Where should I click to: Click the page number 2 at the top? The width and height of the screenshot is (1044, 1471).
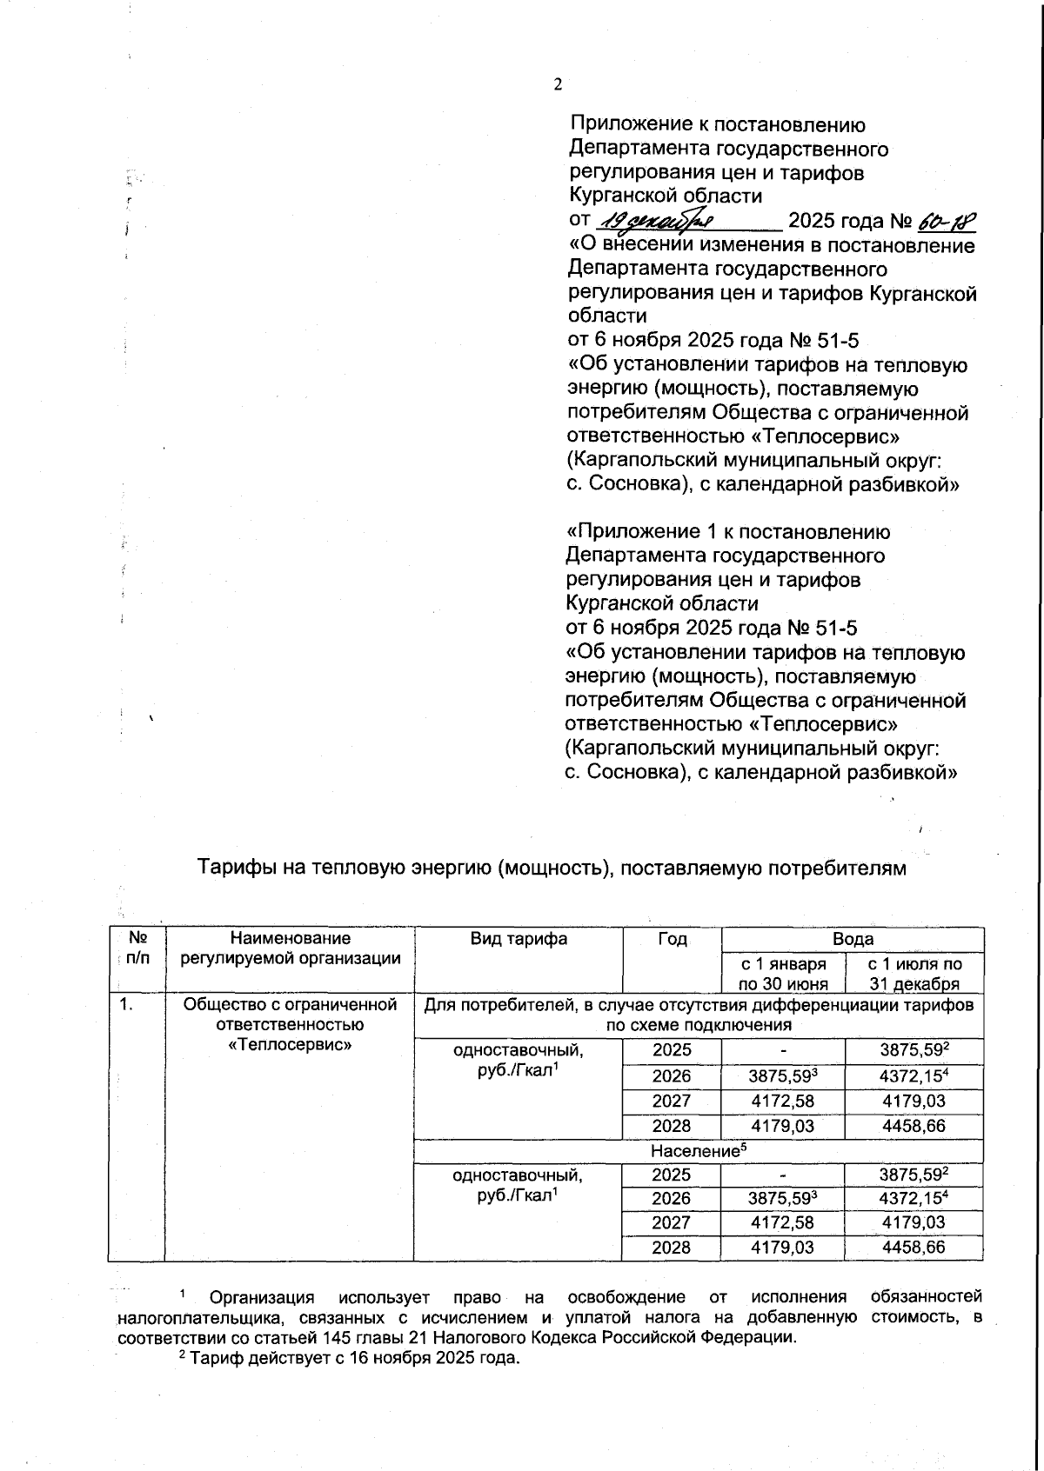[x=558, y=84]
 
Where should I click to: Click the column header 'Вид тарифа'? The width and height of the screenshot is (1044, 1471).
[x=519, y=939]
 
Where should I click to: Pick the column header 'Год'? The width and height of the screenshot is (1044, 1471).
[x=673, y=939]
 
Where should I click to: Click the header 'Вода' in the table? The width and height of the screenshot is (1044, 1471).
[x=853, y=939]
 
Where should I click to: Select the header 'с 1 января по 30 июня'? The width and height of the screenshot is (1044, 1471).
[x=782, y=974]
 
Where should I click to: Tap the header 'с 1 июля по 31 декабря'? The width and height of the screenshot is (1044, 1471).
[x=914, y=974]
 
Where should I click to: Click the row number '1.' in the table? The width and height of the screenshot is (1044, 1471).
[x=127, y=1005]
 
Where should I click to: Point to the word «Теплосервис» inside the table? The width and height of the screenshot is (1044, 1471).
[x=290, y=1044]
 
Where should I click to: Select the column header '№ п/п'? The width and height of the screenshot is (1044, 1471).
[x=137, y=948]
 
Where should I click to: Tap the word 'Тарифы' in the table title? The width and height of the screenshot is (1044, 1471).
[x=228, y=868]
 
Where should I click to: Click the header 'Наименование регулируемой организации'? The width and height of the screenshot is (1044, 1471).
[x=290, y=948]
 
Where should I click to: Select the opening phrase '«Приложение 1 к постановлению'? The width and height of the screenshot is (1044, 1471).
[x=727, y=531]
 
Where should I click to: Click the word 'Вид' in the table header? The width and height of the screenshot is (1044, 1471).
[x=486, y=939]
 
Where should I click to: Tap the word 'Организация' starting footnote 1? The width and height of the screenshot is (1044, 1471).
[x=262, y=1298]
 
